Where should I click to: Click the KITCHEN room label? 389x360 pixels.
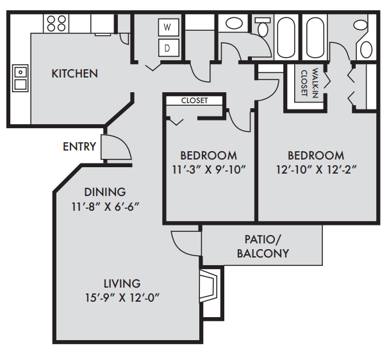pos(74,74)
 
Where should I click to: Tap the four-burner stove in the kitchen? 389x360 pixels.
pos(56,23)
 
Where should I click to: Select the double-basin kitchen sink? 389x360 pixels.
pos(19,78)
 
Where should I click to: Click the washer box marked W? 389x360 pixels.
pos(168,28)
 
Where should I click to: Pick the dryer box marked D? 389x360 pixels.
pos(168,47)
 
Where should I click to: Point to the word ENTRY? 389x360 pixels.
pos(79,147)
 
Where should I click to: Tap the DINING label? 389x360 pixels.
pos(105,192)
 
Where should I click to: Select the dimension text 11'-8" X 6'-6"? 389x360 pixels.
pos(105,206)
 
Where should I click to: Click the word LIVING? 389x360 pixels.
pos(122,283)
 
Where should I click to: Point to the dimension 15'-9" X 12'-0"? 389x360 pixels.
pos(122,298)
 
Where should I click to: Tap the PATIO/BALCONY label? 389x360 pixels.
pos(263,246)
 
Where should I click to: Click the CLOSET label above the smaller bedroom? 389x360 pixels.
pos(194,101)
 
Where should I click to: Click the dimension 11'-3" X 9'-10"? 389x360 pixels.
pos(208,170)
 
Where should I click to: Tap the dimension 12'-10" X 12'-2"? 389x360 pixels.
pos(315,170)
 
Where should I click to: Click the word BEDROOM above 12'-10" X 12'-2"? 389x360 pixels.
pos(315,155)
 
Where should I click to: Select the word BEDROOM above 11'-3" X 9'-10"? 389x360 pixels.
pos(208,155)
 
